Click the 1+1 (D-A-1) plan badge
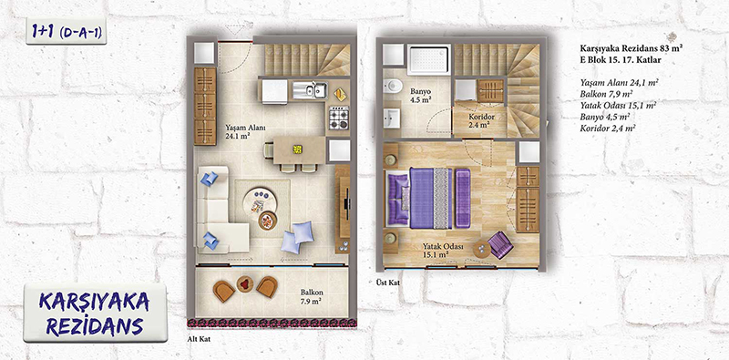point(67,31)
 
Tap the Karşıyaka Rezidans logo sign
point(95,314)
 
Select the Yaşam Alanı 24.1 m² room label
point(239,131)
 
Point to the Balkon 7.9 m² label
point(312,296)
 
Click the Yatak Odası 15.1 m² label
point(436,251)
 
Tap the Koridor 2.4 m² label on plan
point(481,121)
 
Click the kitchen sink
point(310,90)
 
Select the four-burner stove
point(338,118)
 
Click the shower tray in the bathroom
point(428,59)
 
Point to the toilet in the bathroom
point(392,87)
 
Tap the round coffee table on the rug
point(259,200)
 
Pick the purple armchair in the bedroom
point(500,244)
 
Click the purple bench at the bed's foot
point(463,198)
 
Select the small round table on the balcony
point(245,283)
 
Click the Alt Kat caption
point(195,340)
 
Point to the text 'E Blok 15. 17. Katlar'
point(620,60)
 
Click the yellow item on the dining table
point(298,149)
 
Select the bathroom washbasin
point(392,118)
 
